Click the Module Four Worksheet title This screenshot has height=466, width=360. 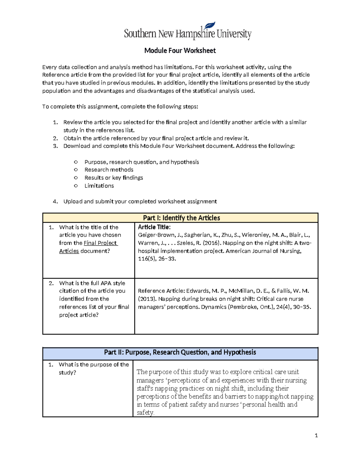click(180, 50)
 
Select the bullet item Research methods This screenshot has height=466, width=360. click(109, 170)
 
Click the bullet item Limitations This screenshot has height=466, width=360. click(99, 186)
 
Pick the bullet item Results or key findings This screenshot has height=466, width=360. click(113, 178)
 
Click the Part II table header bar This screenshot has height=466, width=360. click(180, 352)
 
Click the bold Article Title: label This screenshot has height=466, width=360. click(154, 227)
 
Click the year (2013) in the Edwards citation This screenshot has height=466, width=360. click(147, 299)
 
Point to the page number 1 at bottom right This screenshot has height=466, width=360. click(316, 435)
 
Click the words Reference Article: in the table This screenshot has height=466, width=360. click(161, 291)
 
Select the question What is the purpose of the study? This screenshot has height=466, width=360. click(94, 368)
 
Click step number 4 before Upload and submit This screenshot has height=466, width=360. click(55, 202)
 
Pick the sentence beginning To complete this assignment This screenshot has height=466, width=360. click(120, 107)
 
